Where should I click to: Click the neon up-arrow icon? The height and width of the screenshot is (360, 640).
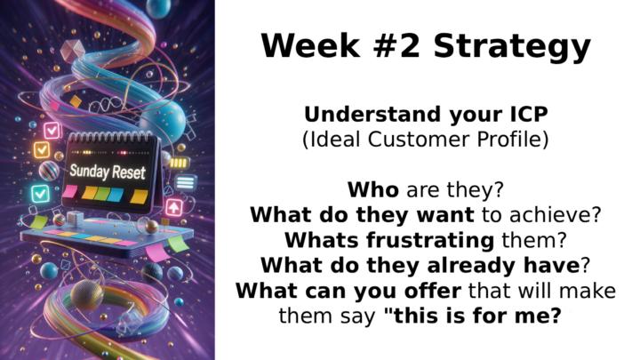point(175,206)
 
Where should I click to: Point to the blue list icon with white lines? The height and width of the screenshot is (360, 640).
point(184,182)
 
